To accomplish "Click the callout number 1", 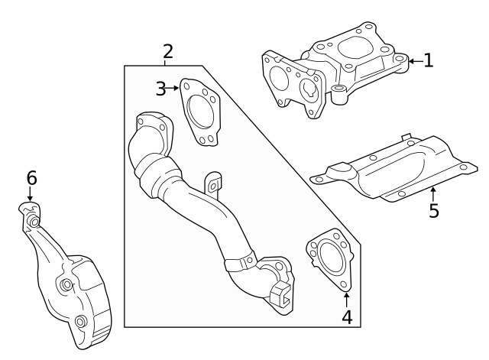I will (429, 60).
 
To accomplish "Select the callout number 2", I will (167, 52).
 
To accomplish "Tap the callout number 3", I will (160, 89).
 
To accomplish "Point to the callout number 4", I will (346, 316).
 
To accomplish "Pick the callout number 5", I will (434, 211).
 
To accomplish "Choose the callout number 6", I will (31, 178).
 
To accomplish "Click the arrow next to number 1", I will (414, 60).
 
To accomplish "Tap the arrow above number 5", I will (433, 193).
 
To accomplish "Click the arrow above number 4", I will (346, 298).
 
